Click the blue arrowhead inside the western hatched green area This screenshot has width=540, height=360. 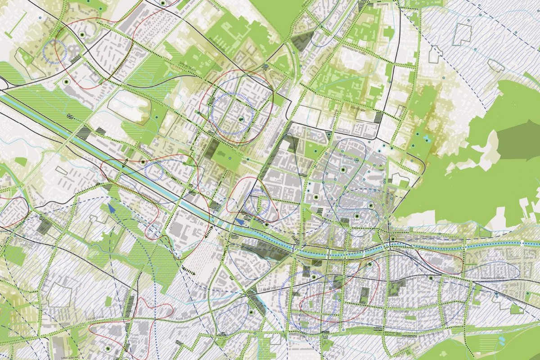[110, 207]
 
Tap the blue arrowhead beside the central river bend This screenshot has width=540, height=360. [240, 221]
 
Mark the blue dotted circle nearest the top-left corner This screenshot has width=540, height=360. [55, 50]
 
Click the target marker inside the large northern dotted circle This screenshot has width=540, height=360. [241, 119]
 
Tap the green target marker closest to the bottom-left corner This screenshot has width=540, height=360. [108, 348]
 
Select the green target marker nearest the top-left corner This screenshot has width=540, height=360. [82, 34]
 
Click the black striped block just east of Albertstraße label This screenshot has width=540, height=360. [378, 118]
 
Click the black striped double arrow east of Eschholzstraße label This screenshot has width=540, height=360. [207, 232]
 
